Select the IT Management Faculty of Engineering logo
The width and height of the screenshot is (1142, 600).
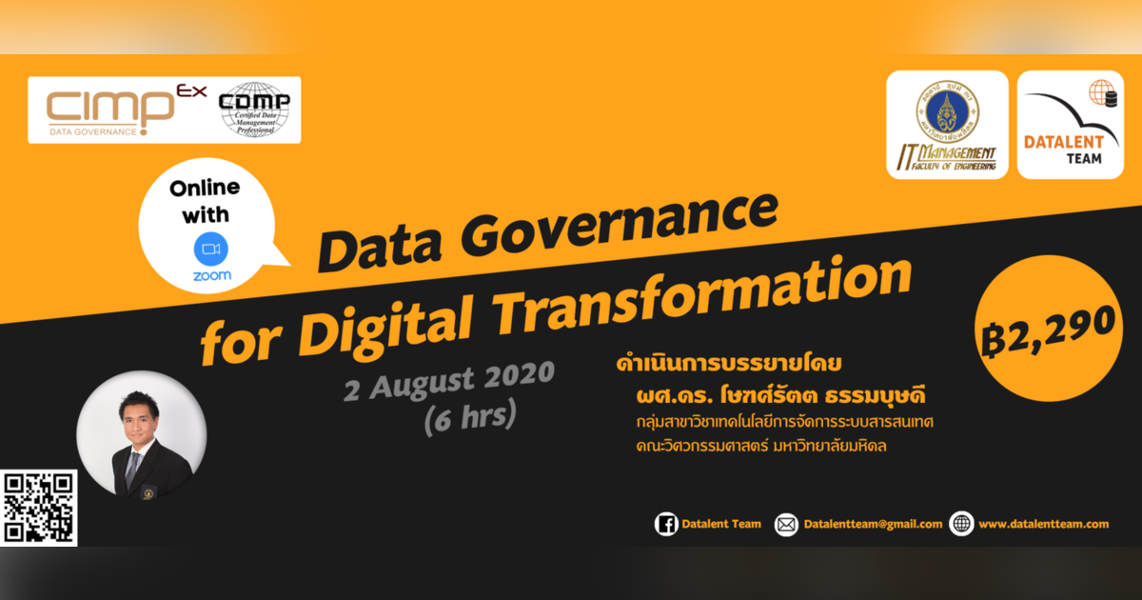[947, 125]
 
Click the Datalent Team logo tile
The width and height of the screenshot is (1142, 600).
[1070, 125]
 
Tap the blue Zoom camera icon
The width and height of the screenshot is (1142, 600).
[211, 250]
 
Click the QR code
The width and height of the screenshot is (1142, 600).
[39, 509]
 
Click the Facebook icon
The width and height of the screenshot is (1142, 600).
[666, 524]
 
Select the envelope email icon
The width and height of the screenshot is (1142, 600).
[786, 524]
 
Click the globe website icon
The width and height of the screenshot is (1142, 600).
[961, 524]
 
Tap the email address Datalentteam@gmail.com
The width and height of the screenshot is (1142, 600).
[873, 524]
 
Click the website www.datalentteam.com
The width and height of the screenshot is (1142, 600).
[1043, 524]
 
